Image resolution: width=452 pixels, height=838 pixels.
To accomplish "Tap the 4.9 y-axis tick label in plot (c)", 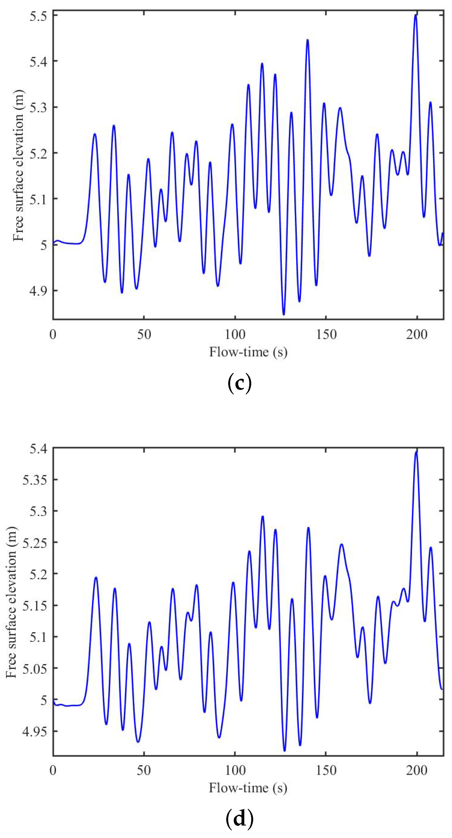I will pos(38,290).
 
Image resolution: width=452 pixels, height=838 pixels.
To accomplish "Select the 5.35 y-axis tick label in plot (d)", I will pos(35,480).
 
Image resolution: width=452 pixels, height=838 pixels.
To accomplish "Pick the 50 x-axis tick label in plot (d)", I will pos(144,771).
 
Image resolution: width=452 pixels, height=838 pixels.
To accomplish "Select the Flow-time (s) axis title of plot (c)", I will pos(248,352).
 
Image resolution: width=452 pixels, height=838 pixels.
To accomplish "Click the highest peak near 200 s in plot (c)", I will pos(416,15).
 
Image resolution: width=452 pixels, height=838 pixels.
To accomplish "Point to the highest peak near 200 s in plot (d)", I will pos(416,452).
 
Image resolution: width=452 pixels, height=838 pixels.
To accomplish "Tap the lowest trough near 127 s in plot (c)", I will pos(284,314).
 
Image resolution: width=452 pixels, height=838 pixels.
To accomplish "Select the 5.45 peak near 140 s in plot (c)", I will pos(308,40).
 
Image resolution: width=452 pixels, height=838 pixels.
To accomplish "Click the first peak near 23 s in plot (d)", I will pos(96,578).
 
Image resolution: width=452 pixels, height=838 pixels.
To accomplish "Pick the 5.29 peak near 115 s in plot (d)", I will pos(263,516).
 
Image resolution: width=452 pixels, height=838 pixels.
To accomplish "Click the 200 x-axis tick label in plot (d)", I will pos(417,771).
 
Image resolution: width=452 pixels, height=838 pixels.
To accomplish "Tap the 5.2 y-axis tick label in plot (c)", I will pos(38,153).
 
